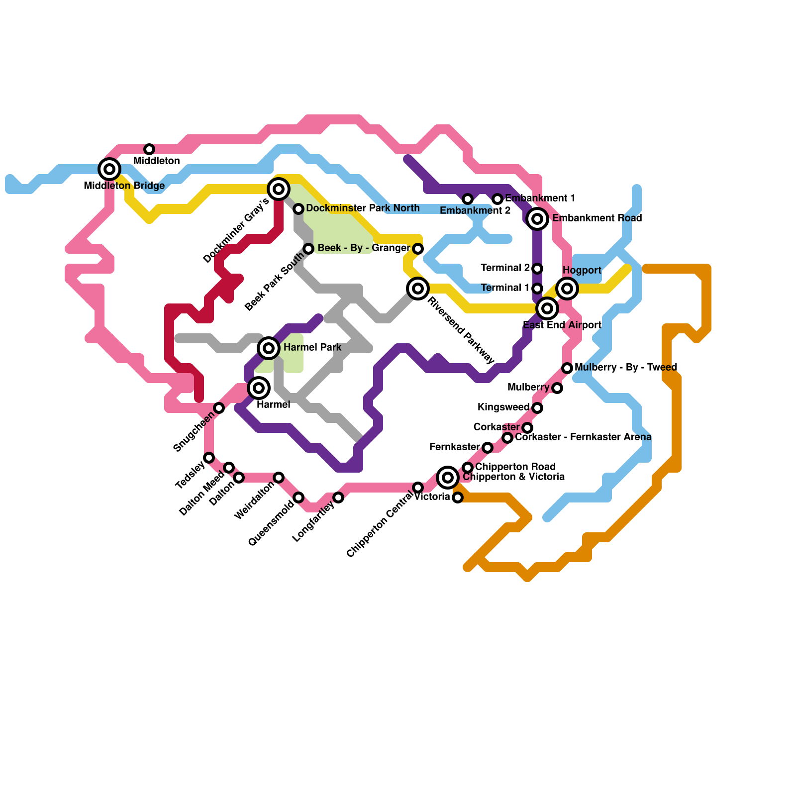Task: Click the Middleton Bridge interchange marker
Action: click(x=109, y=169)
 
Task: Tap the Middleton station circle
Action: click(x=149, y=149)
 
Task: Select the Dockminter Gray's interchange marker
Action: click(x=279, y=189)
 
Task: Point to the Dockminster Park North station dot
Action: click(x=298, y=209)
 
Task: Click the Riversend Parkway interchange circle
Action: click(x=418, y=289)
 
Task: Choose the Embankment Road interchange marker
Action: click(x=537, y=219)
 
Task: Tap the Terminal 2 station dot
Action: click(x=537, y=269)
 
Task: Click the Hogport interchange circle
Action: click(x=567, y=289)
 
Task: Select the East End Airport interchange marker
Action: click(x=547, y=308)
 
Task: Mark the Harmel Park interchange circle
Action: click(x=269, y=348)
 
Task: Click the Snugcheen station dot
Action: click(x=219, y=408)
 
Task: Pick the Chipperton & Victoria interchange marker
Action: click(x=448, y=478)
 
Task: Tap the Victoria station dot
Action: click(x=458, y=497)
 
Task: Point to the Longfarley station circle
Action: click(x=338, y=497)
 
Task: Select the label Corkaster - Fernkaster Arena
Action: click(x=583, y=437)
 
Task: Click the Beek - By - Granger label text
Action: click(x=364, y=248)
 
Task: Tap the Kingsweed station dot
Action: click(x=537, y=408)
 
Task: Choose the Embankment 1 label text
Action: click(x=540, y=199)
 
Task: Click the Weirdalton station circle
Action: click(x=279, y=478)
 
